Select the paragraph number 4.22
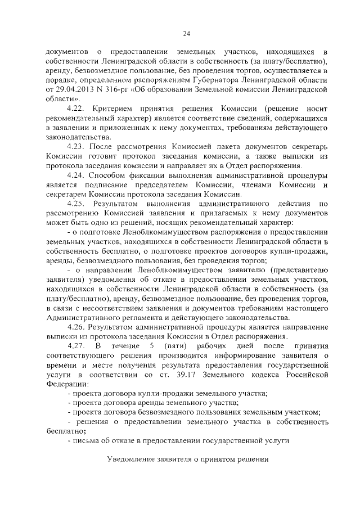point(75,107)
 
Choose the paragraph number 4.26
point(75,327)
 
